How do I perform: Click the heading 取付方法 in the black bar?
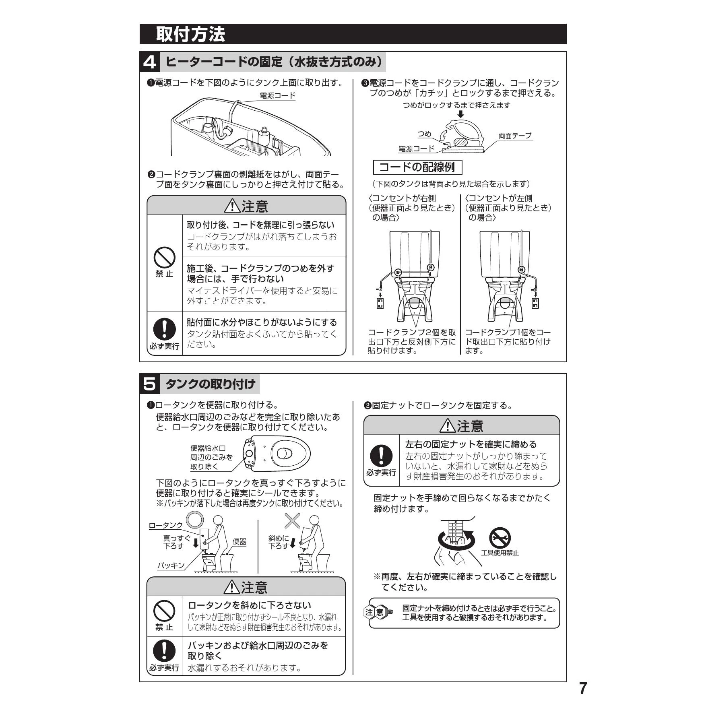pyautogui.click(x=190, y=34)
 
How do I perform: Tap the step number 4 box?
pyautogui.click(x=150, y=62)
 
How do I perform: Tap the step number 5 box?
pyautogui.click(x=150, y=384)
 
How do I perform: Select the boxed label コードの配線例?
pyautogui.click(x=417, y=167)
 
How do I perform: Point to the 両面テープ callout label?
pyautogui.click(x=515, y=136)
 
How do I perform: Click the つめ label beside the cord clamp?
pyautogui.click(x=424, y=134)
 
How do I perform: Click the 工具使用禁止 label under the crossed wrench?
pyautogui.click(x=500, y=553)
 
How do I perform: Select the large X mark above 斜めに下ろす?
pyautogui.click(x=292, y=520)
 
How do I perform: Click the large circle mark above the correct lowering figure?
pyautogui.click(x=194, y=519)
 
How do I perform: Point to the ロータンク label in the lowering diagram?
pyautogui.click(x=166, y=525)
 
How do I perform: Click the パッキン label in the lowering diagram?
pyautogui.click(x=171, y=566)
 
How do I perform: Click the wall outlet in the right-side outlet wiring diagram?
pyautogui.click(x=380, y=303)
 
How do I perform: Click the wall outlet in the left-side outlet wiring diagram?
pyautogui.click(x=535, y=303)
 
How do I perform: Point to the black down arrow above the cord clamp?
pyautogui.click(x=461, y=115)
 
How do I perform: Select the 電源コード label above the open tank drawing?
pyautogui.click(x=277, y=96)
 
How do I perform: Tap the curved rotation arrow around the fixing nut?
pyautogui.click(x=456, y=541)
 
